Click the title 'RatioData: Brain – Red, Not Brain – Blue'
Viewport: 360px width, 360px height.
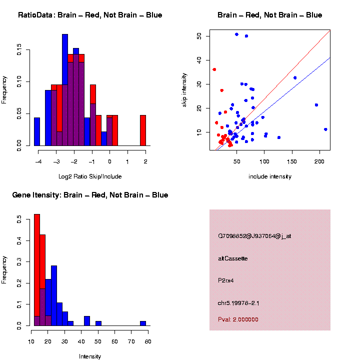90,15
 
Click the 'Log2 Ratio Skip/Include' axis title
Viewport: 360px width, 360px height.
90,176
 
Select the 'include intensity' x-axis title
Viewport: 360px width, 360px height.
270,176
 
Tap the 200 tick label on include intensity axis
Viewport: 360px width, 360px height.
319,161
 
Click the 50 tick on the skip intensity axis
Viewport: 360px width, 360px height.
199,36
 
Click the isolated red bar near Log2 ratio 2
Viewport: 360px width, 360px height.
143,130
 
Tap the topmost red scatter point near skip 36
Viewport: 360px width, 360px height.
214,69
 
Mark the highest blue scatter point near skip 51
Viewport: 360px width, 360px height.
236,34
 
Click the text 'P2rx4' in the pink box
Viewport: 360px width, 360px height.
226,280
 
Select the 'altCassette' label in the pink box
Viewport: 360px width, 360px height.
233,258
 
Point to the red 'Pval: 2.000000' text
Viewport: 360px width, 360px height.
238,319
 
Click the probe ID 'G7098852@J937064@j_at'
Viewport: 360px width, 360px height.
254,236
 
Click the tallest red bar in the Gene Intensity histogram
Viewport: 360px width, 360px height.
37,270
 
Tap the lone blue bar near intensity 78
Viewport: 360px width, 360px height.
143,323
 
